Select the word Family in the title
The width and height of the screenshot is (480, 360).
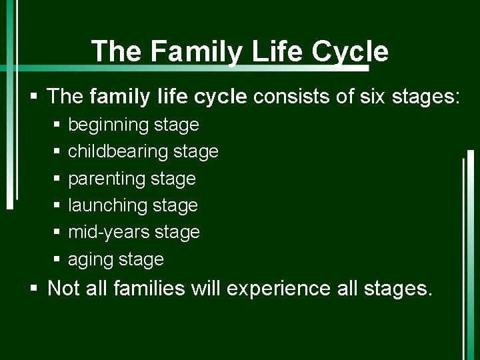pyautogui.click(x=188, y=51)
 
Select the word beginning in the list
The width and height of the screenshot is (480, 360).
pyautogui.click(x=108, y=125)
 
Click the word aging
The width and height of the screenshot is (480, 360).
pyautogui.click(x=90, y=259)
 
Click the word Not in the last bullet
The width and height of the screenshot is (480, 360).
pyautogui.click(x=63, y=289)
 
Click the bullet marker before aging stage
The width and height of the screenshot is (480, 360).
pyautogui.click(x=57, y=259)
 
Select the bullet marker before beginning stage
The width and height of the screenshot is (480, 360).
pyautogui.click(x=57, y=125)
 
